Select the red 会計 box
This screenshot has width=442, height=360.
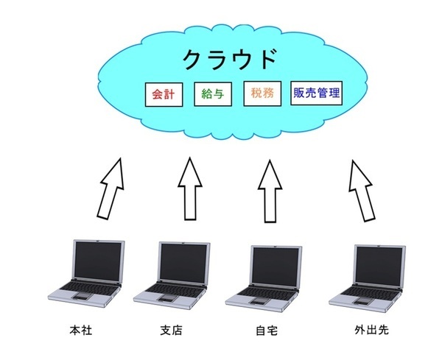click(161, 95)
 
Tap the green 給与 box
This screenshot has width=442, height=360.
click(214, 95)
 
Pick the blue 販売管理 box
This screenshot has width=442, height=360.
click(318, 94)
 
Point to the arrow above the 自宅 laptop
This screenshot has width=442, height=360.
click(270, 190)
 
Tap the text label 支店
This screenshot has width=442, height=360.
click(171, 331)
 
